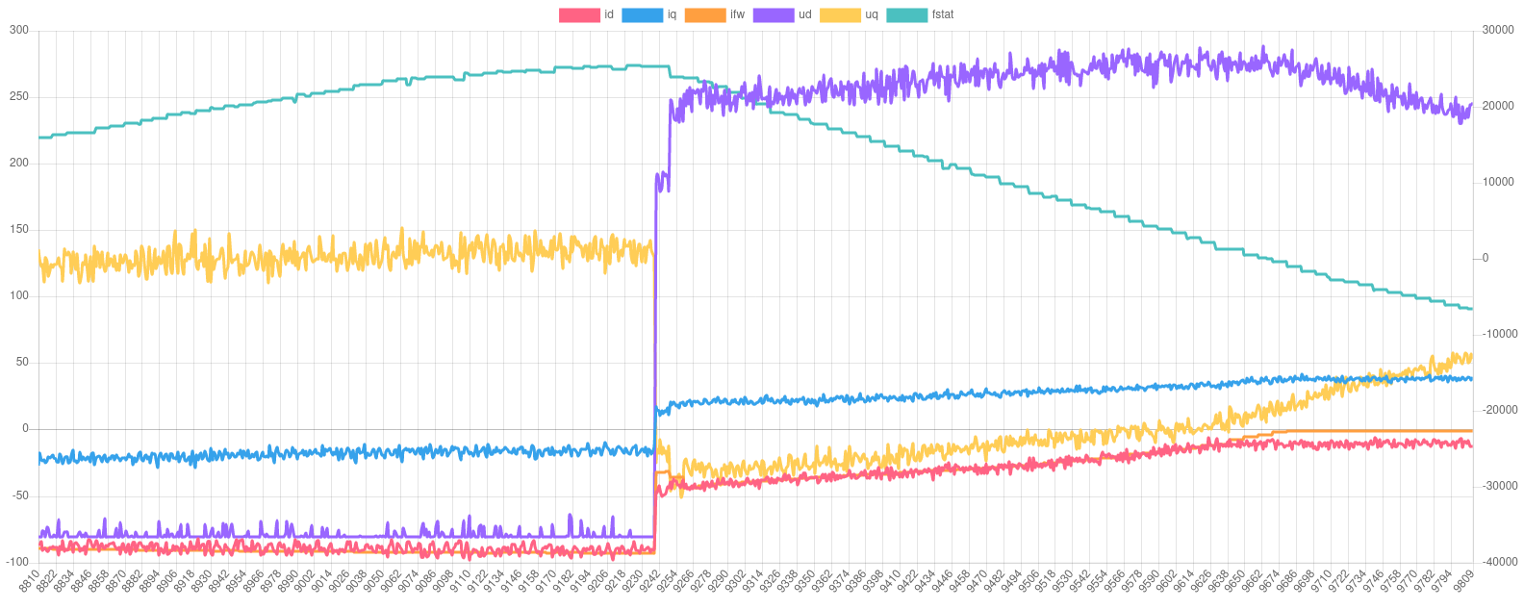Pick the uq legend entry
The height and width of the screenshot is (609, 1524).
pos(850,14)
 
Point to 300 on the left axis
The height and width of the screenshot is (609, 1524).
pos(19,30)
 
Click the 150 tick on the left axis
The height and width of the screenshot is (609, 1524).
pos(19,229)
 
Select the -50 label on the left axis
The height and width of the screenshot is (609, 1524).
pos(19,495)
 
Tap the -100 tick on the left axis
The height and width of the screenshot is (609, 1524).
pos(17,561)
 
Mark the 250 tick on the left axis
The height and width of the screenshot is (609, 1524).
pos(19,96)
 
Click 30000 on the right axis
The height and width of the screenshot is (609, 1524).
pos(1498,30)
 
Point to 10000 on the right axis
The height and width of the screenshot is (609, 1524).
pos(1498,182)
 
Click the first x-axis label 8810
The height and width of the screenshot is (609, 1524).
pos(30,581)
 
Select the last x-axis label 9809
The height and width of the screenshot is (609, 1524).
pos(1462,581)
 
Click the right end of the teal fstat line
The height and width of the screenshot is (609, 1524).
pos(1472,309)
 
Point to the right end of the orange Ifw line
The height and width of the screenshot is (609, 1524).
pos(1472,431)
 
